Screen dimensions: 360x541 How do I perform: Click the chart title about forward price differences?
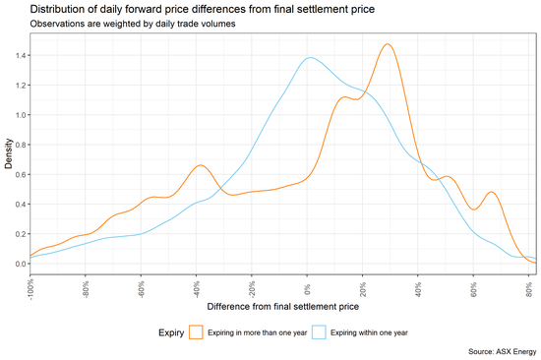[x=174, y=9]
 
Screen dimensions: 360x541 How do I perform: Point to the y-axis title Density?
[x=9, y=153]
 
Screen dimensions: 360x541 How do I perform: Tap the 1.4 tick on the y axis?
[x=21, y=55]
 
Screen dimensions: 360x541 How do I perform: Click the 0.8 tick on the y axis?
[x=21, y=145]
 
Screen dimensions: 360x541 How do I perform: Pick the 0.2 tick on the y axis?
[x=21, y=234]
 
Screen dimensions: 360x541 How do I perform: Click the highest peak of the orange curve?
[x=389, y=44]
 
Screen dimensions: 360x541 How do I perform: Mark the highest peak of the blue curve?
[x=311, y=57]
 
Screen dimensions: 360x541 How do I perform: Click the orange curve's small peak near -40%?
[x=200, y=165]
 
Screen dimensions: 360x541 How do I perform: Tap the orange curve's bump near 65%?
[x=491, y=193]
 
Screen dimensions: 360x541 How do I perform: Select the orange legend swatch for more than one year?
[x=197, y=332]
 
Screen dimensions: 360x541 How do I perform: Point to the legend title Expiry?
[x=171, y=332]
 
